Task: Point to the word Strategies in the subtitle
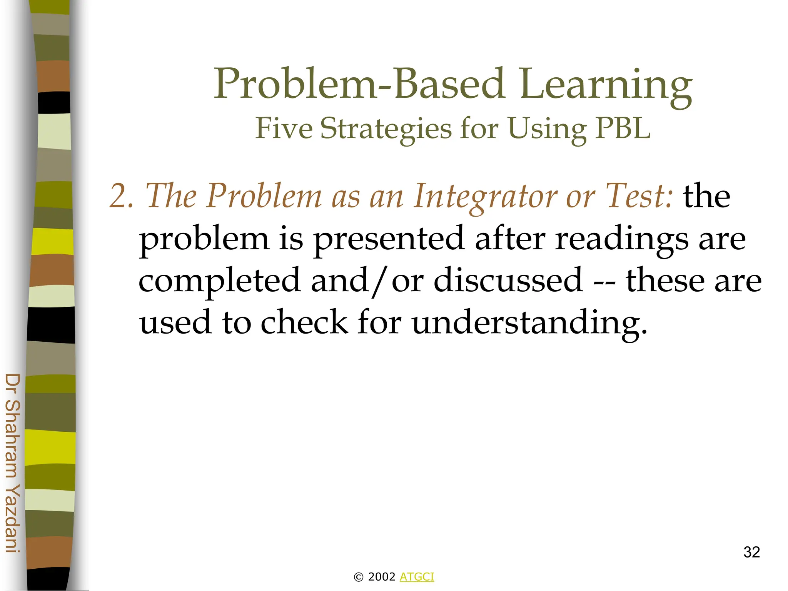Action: tap(386, 129)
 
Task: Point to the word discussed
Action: tap(508, 280)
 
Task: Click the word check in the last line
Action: tap(304, 322)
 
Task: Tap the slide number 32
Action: tap(751, 552)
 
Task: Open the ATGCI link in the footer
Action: tap(417, 577)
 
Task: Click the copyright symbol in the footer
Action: tap(358, 577)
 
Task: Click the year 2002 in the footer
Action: tap(382, 577)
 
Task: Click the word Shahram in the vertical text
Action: tap(13, 438)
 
